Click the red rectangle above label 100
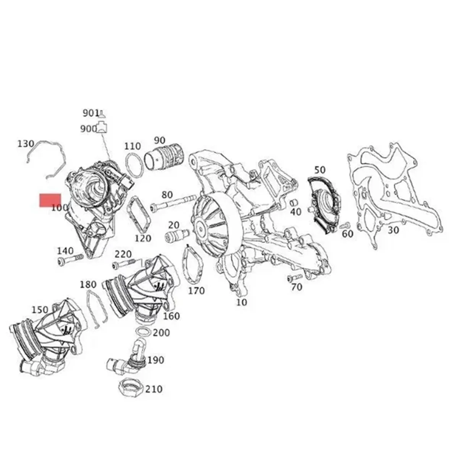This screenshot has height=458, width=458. [50, 200]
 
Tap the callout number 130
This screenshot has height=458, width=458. [26, 144]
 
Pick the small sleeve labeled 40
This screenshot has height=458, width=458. [294, 202]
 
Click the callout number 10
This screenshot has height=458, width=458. [242, 302]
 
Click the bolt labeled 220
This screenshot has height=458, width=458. [123, 264]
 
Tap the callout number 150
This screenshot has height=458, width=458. [40, 310]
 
